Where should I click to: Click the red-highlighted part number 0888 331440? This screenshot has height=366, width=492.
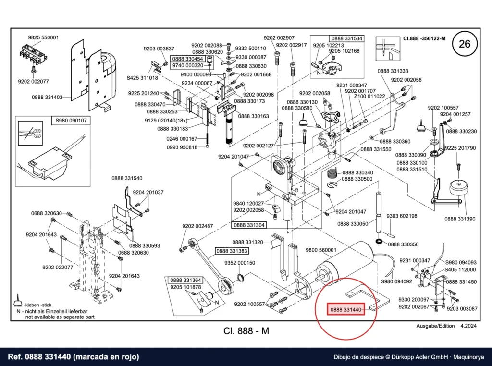(345, 309)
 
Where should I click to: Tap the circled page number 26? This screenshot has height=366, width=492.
(465, 44)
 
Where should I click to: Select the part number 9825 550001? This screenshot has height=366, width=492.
(43, 37)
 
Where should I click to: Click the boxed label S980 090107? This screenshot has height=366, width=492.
(71, 121)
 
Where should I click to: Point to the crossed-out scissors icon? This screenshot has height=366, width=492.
(30, 134)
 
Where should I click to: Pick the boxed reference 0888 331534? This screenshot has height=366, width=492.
(347, 38)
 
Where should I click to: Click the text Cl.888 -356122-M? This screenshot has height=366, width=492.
(424, 38)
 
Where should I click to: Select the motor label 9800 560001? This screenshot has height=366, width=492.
(321, 250)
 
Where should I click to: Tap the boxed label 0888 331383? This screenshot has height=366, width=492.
(232, 251)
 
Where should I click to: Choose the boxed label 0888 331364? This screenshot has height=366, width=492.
(186, 280)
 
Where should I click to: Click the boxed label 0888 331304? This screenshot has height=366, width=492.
(249, 225)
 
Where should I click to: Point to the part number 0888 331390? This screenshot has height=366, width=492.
(460, 219)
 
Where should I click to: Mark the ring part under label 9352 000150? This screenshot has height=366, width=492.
(240, 277)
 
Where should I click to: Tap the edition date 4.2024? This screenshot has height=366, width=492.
(468, 326)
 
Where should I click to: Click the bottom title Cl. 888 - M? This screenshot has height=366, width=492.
(246, 331)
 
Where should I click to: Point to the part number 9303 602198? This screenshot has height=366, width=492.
(402, 216)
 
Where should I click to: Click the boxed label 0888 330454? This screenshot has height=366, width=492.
(188, 59)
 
